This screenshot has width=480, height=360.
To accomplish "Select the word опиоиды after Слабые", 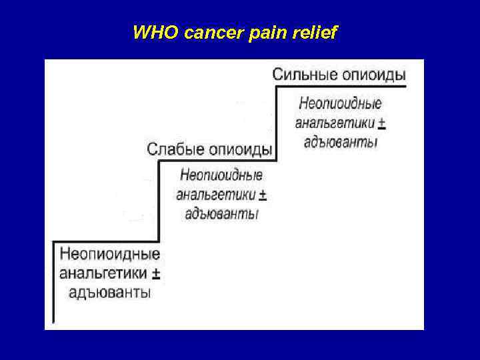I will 240,148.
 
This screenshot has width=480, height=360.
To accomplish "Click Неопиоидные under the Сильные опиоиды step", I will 340,103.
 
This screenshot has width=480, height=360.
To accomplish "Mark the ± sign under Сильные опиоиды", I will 381,123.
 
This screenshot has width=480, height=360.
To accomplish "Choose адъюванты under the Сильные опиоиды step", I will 340,142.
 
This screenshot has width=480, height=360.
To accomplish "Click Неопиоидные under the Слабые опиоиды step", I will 221,175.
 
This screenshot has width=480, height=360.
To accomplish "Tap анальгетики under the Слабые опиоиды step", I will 215,195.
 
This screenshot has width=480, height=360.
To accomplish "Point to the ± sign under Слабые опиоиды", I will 262,195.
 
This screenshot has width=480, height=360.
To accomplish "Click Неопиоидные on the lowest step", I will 109,254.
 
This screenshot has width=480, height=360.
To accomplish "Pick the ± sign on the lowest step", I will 156,273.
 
